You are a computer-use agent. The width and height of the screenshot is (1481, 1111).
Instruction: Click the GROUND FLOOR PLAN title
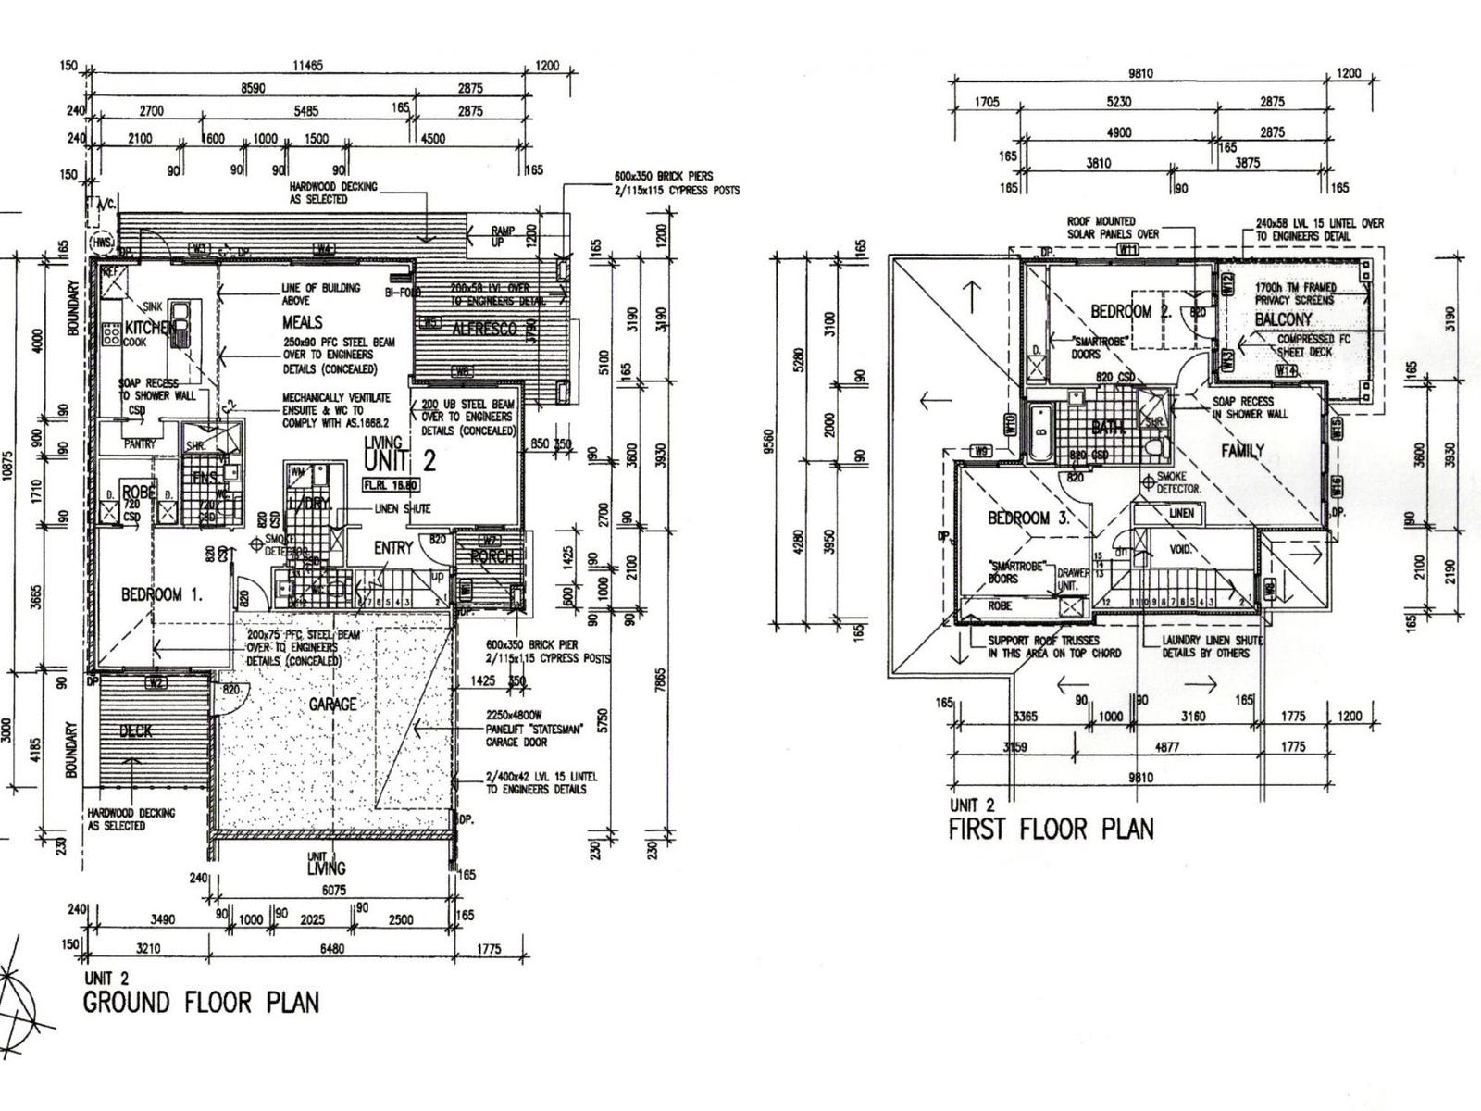pyautogui.click(x=201, y=1003)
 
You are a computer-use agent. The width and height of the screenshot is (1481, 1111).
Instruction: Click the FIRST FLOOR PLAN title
pyautogui.click(x=1052, y=829)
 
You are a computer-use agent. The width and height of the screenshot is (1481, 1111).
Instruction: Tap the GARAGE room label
pyautogui.click(x=332, y=705)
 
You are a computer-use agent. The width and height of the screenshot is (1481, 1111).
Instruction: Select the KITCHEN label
pyautogui.click(x=145, y=328)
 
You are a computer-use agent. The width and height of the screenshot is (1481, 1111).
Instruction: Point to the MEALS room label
pyautogui.click(x=303, y=322)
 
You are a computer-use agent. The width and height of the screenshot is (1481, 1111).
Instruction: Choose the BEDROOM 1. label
pyautogui.click(x=162, y=594)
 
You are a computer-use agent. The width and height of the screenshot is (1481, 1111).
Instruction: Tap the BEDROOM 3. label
pyautogui.click(x=1027, y=518)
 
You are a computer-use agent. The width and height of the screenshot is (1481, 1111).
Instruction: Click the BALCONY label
pyautogui.click(x=1283, y=319)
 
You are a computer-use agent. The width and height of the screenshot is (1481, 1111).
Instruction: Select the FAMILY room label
pyautogui.click(x=1242, y=451)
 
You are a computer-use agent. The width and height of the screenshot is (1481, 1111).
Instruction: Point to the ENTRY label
pyautogui.click(x=393, y=548)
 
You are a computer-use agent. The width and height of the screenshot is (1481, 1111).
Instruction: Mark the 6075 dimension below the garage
pyautogui.click(x=333, y=891)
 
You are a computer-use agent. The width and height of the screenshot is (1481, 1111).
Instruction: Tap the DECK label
pyautogui.click(x=135, y=731)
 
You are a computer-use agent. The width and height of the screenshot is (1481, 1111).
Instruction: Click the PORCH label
pyautogui.click(x=492, y=556)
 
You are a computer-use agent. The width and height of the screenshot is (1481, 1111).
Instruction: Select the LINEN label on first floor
pyautogui.click(x=1181, y=513)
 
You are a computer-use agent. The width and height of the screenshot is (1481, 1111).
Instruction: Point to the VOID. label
pyautogui.click(x=1181, y=549)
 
